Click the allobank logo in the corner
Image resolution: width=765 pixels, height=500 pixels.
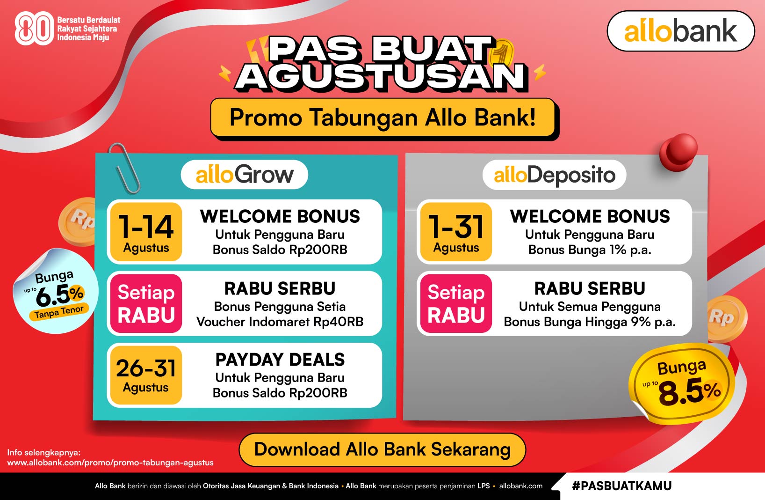pos(680,31)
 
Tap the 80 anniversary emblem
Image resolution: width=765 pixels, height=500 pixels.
pos(33,29)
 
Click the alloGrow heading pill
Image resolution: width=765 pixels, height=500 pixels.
pos(245,175)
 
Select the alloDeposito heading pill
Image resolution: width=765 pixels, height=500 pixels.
pos(554,175)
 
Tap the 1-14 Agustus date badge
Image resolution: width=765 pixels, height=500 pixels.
pos(146,232)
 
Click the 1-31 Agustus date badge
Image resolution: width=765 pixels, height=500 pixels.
pos(456,232)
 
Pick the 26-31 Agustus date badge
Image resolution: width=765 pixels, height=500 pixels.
pos(146,375)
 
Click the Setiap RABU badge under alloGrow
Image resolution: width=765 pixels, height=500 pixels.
pos(146,303)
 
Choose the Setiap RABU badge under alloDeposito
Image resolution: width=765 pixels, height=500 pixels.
pos(456,303)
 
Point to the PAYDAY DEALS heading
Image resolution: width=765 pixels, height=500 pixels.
pos(280,360)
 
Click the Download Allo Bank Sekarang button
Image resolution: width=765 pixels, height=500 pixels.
pos(382,449)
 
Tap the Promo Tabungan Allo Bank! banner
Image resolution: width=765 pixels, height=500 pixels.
pos(382,118)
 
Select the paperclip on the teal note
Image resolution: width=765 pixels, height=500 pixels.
pos(124,169)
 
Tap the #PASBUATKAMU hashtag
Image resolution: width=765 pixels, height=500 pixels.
pos(621,486)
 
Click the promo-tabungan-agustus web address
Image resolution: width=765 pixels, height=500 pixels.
pos(110,463)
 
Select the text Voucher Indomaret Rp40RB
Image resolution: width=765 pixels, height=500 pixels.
pos(280,322)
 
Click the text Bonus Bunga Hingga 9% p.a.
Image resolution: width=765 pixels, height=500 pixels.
pos(590,322)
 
